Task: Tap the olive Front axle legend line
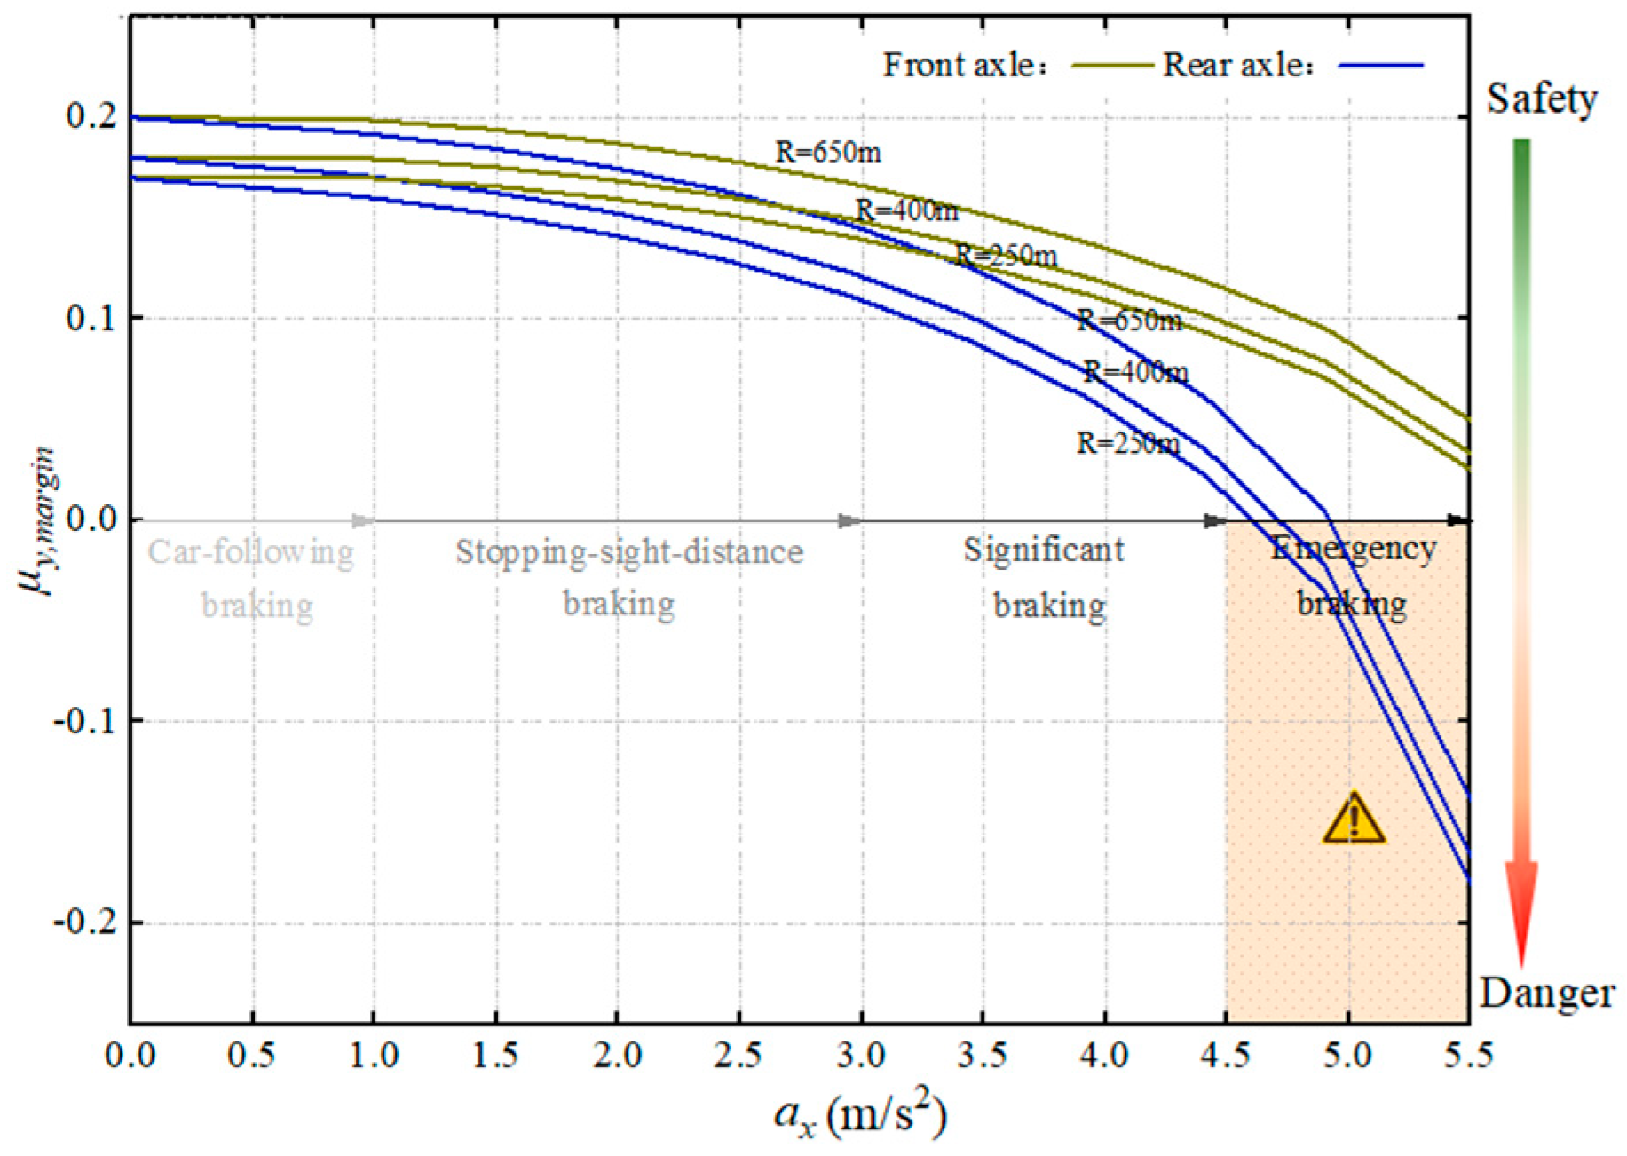[x=1110, y=66]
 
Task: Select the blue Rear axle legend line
[x=1380, y=66]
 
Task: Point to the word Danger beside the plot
[x=1546, y=993]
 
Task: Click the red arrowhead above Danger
[x=1521, y=915]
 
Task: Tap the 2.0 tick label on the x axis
[x=617, y=1056]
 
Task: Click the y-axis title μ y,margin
[x=39, y=522]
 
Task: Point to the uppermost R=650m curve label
[x=828, y=153]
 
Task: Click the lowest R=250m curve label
[x=1128, y=442]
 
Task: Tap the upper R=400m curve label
[x=906, y=210]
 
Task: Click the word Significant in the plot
[x=1044, y=550]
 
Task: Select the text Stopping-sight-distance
[x=628, y=552]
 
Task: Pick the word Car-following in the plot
[x=250, y=552]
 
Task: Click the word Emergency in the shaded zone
[x=1353, y=549]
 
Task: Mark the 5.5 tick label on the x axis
[x=1468, y=1056]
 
